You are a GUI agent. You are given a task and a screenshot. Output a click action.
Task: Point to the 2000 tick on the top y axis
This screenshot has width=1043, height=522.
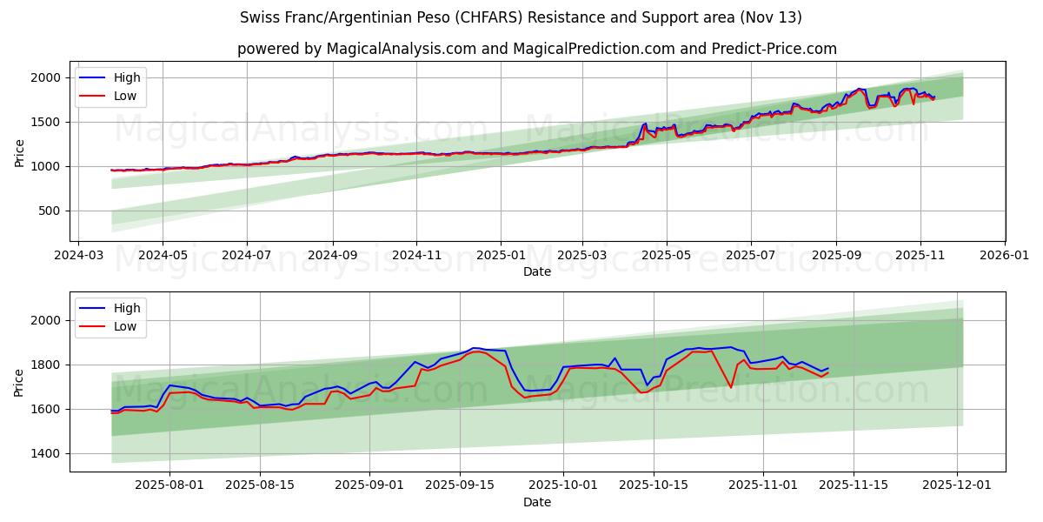(x=46, y=78)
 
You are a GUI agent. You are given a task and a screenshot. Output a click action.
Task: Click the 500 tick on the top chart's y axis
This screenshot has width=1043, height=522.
(x=50, y=211)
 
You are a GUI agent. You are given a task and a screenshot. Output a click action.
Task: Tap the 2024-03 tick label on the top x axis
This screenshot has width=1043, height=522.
(x=79, y=257)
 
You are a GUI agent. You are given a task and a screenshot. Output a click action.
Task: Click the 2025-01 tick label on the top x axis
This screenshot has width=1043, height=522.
(x=500, y=257)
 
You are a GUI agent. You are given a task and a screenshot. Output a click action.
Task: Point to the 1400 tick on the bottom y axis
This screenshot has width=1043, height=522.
(x=46, y=453)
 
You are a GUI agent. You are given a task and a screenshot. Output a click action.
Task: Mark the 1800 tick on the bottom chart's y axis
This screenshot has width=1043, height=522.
(x=46, y=365)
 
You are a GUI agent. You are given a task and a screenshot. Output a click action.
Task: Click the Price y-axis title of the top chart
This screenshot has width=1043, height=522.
(x=20, y=153)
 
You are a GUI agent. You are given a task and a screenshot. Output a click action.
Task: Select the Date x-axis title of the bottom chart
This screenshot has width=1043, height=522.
(x=537, y=502)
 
